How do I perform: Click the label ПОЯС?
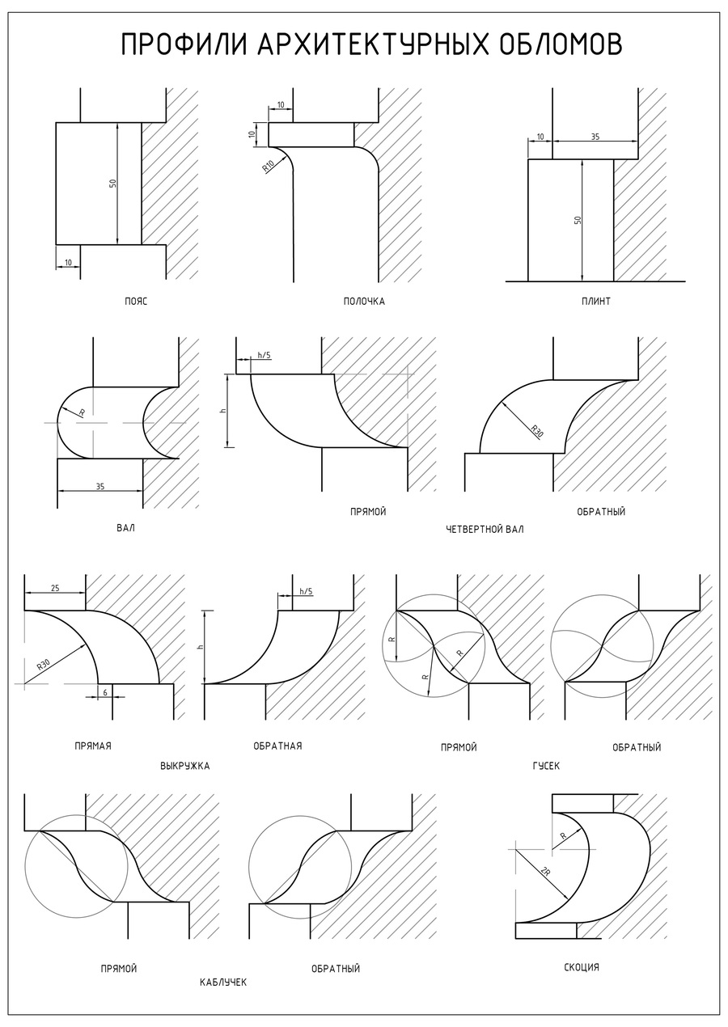136,302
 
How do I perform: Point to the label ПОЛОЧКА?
364,302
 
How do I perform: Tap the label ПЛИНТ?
595,302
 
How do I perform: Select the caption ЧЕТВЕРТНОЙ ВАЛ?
485,530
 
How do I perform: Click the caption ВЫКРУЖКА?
184,766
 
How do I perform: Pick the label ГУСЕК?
546,766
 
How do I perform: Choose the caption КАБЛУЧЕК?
222,982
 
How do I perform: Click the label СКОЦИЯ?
582,967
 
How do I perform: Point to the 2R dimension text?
545,873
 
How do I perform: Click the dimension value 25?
55,588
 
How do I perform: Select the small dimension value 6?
105,691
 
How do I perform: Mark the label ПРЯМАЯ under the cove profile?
92,746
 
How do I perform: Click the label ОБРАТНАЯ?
277,746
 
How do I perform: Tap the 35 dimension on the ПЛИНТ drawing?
595,137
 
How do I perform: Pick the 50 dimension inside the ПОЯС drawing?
112,184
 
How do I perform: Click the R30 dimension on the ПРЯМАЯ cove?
44,665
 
